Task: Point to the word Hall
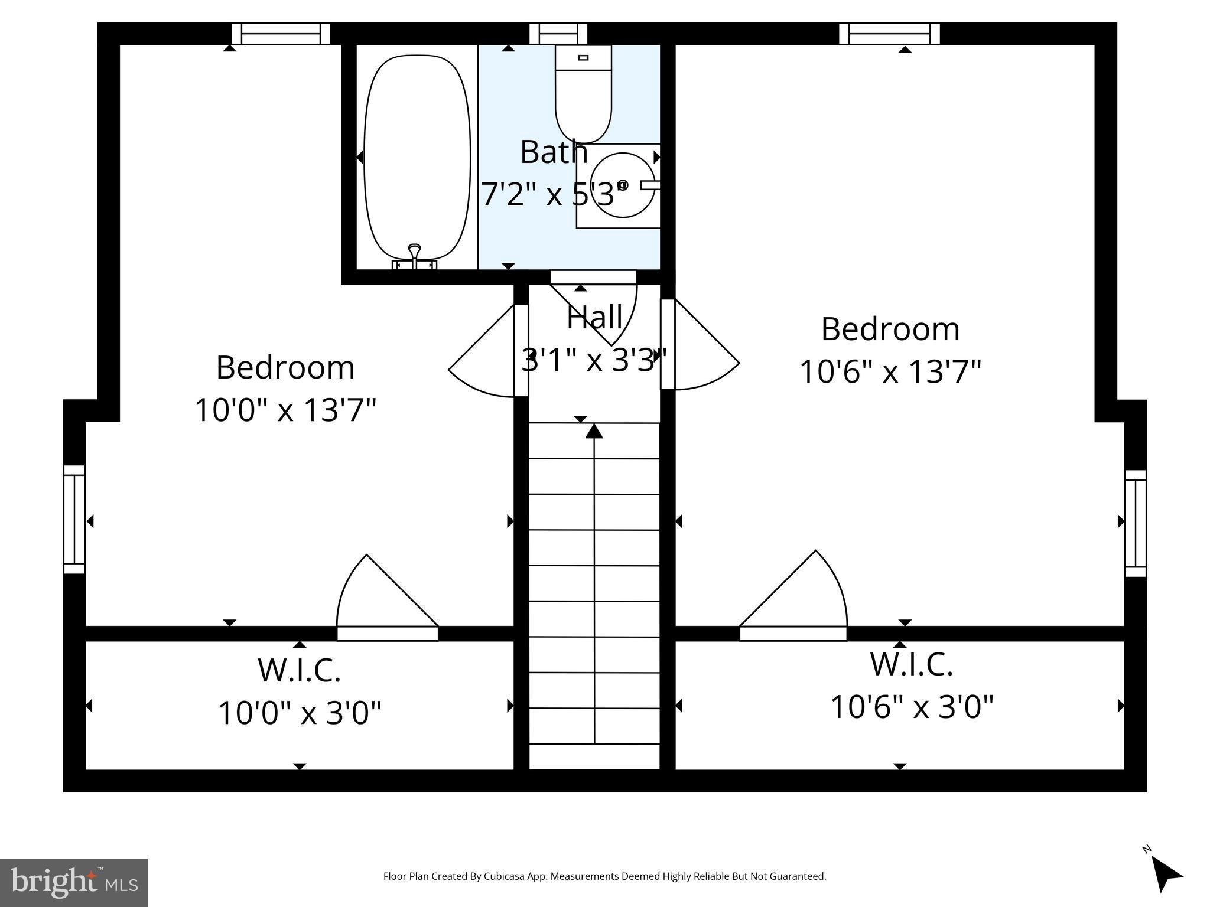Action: (594, 318)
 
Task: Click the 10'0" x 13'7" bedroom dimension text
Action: (285, 410)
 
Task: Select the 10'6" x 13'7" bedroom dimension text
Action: (890, 372)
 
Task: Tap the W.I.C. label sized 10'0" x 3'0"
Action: (299, 670)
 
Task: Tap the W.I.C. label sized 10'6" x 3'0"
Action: (911, 664)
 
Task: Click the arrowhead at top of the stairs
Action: (594, 431)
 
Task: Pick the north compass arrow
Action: (1166, 875)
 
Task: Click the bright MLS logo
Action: (74, 882)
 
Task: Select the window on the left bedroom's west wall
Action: (74, 520)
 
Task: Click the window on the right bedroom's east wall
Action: (1135, 523)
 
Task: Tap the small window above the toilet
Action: (558, 34)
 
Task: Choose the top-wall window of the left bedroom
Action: (281, 34)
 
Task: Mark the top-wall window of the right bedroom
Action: (889, 34)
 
